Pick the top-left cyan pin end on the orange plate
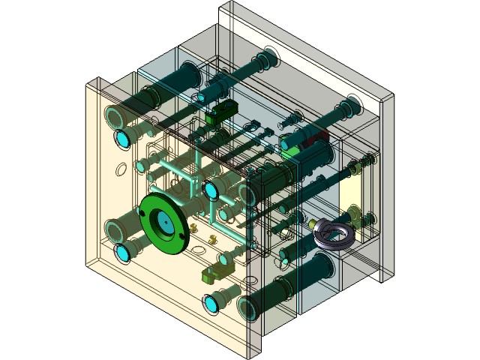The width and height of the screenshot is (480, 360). (x=123, y=139)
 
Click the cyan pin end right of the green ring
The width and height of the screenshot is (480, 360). (x=211, y=190)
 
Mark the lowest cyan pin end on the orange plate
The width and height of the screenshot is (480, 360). (x=211, y=304)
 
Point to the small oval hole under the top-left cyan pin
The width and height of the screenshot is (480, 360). (x=120, y=169)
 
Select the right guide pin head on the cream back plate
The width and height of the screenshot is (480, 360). (x=349, y=102)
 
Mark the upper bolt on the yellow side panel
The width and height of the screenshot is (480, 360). (x=367, y=160)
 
